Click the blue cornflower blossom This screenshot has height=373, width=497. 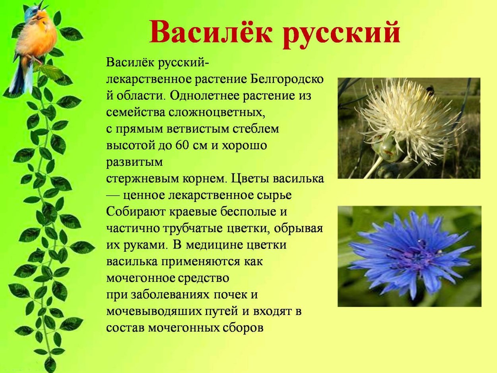(410, 254)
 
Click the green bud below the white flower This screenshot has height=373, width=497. (388, 149)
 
